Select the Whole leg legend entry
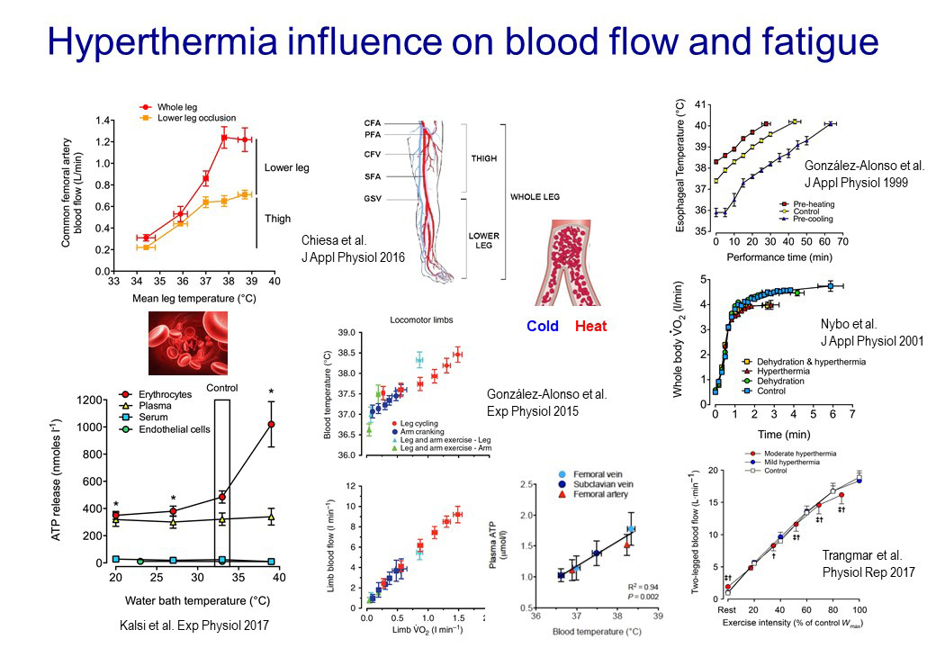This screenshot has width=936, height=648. (x=177, y=106)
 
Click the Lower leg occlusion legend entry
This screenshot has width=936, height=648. (x=195, y=118)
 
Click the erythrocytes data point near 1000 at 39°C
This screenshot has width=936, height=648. (x=271, y=424)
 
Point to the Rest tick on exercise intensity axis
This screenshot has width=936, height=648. (x=726, y=609)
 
